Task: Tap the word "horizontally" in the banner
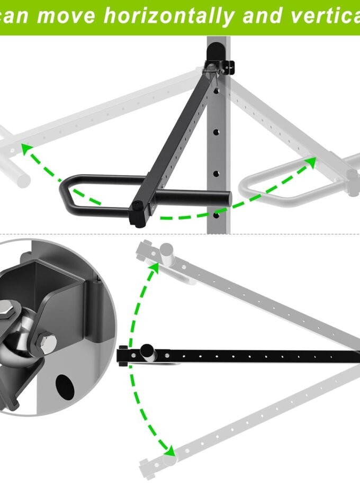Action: point(169,16)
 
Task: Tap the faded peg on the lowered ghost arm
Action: point(170,460)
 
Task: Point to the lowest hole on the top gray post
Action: point(216,215)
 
